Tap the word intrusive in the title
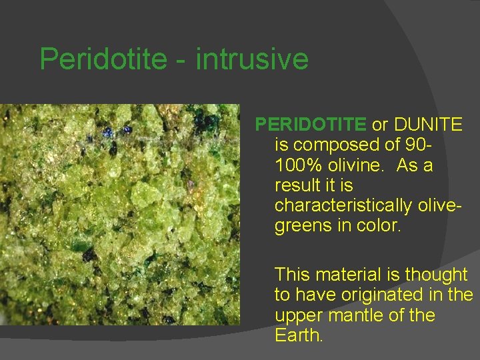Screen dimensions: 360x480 (x=253, y=59)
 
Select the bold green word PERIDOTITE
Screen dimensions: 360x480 (x=311, y=124)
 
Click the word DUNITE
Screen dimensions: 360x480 (x=428, y=124)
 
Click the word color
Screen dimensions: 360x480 (x=378, y=225)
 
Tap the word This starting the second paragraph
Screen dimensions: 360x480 (x=293, y=274)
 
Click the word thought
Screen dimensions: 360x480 (x=437, y=274)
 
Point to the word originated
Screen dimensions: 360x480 (x=386, y=294)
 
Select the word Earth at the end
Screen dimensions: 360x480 (x=298, y=335)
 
